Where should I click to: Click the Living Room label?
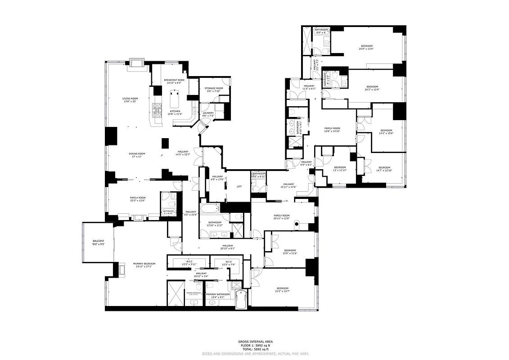tap(130, 99)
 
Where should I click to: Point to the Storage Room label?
tap(214, 88)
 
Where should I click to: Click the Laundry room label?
tap(208, 113)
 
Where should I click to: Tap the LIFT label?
tap(239, 186)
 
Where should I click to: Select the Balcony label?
tap(98, 242)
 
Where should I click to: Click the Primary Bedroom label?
tap(144, 264)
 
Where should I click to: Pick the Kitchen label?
tap(175, 111)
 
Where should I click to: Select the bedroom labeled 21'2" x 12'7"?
tap(283, 288)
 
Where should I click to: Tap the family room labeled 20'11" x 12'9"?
tap(282, 216)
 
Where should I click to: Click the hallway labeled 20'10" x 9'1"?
tap(228, 246)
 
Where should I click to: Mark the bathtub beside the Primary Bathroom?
tap(242, 299)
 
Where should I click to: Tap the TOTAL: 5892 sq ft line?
tap(254, 349)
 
